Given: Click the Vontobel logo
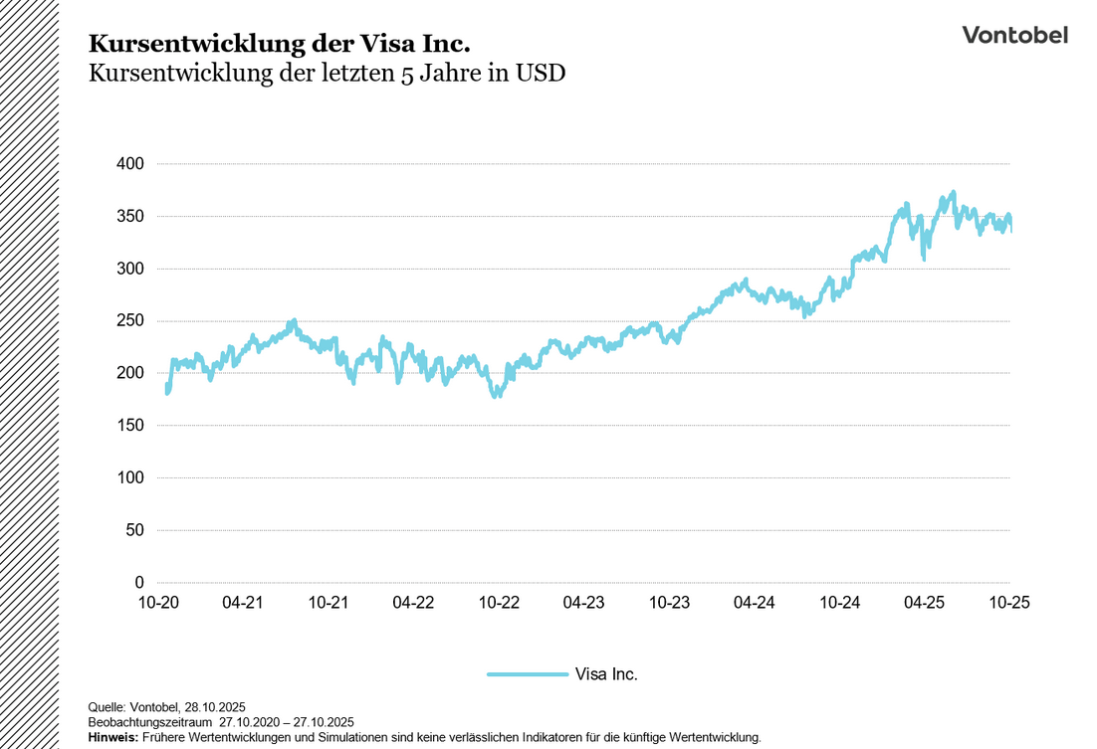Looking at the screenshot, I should click(1014, 35).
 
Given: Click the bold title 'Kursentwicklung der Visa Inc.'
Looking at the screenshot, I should click(279, 44).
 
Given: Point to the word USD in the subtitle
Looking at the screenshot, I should click(541, 74).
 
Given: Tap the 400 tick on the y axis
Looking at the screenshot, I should click(131, 163).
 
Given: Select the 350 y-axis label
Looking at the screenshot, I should click(131, 216).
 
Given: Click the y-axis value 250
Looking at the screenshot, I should click(131, 320).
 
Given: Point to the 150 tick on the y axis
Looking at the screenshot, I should click(131, 426).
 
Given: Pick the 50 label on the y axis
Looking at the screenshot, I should click(135, 530).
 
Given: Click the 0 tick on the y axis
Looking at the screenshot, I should click(139, 582).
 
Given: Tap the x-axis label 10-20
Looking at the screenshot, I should click(158, 602).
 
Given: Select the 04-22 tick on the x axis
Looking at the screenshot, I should click(413, 602).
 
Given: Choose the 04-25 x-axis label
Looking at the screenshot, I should click(924, 602).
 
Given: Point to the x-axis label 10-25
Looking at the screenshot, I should click(1008, 602).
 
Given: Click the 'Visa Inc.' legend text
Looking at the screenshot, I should click(606, 673).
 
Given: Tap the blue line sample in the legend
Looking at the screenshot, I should click(527, 673).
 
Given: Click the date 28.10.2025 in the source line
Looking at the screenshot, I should click(215, 707).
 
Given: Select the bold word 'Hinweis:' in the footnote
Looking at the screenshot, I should click(113, 737).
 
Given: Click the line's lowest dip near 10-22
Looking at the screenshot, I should click(496, 395).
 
